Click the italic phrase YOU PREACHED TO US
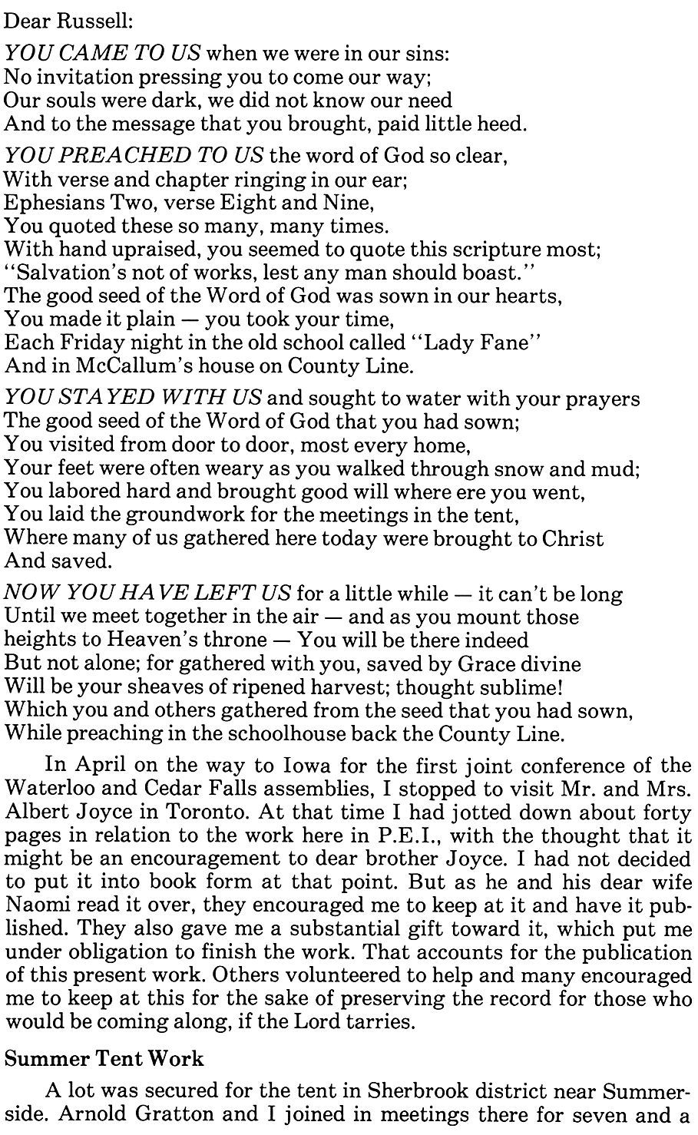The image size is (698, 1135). [134, 156]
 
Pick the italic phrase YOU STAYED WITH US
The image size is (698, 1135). [134, 399]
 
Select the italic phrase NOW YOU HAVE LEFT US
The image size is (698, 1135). [149, 594]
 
